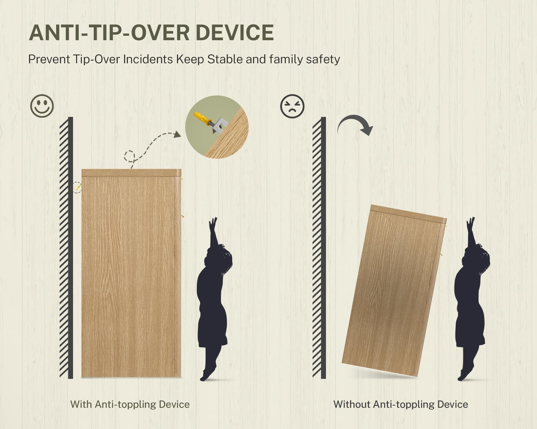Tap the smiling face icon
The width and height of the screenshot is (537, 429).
(42, 106)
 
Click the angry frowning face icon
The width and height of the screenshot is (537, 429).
(292, 106)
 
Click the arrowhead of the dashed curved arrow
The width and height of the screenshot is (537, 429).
(177, 134)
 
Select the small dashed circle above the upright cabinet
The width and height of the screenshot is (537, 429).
(129, 156)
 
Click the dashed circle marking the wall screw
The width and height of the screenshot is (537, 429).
(76, 187)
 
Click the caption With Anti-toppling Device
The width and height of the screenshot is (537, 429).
(130, 404)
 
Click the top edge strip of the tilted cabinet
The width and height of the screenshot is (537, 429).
(408, 214)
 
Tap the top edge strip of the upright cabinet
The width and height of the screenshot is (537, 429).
(131, 173)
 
